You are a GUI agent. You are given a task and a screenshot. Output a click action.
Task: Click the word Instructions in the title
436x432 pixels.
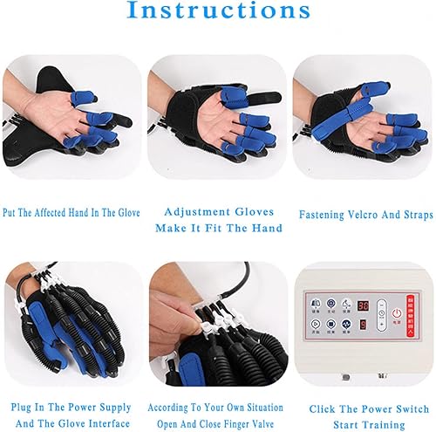[x=218, y=12]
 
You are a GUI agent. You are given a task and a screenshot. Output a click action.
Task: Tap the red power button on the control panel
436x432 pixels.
[x=398, y=312]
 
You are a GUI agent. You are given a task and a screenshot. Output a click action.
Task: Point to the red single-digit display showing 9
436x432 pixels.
[x=363, y=325]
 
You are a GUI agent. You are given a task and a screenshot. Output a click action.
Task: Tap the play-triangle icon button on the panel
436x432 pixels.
[x=315, y=323]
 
